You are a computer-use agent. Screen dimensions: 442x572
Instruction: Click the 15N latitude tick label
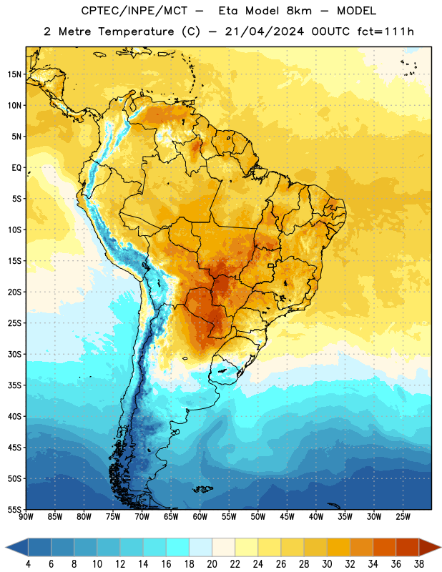[14, 74]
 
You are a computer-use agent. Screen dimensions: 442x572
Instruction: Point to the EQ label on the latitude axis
[16, 168]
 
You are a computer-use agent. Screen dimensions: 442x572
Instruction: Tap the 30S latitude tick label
[14, 354]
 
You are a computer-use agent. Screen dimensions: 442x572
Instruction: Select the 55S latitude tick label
[14, 510]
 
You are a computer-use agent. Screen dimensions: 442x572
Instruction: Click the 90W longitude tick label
[26, 517]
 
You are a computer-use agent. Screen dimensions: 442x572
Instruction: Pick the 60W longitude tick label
[200, 517]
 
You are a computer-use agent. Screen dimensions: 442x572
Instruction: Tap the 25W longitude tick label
[403, 517]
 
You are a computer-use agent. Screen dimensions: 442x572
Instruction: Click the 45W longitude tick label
[287, 517]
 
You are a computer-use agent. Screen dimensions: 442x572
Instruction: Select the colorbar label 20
[212, 564]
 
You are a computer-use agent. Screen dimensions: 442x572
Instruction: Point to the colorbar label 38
[419, 564]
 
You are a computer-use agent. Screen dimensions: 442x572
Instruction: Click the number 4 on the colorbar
[28, 564]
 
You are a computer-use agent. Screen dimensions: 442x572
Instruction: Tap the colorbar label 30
[327, 564]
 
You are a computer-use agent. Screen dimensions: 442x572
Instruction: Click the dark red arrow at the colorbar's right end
[429, 547]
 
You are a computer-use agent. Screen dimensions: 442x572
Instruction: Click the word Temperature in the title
[136, 31]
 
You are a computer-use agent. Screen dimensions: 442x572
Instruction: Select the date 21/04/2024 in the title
[264, 31]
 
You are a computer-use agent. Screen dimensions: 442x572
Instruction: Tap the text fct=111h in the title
[385, 31]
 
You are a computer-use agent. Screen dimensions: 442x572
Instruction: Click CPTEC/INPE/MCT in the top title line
[134, 11]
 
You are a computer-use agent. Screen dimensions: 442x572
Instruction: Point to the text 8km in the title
[299, 11]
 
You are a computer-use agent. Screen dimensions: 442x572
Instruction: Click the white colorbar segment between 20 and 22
[223, 547]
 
